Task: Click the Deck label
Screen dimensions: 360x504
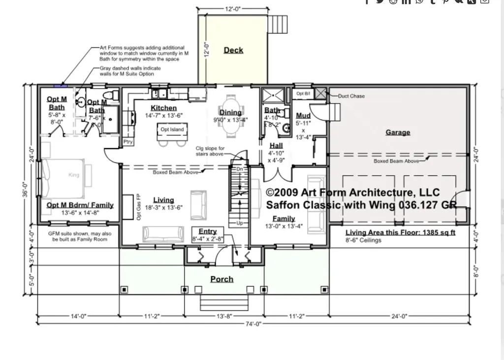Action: tap(233, 50)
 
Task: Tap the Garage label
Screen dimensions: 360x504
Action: tap(398, 132)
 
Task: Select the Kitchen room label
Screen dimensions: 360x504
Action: tap(163, 108)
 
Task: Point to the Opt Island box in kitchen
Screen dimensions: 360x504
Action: tap(172, 130)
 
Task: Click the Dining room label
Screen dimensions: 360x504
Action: tap(230, 113)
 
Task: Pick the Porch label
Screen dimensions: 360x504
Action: tap(222, 279)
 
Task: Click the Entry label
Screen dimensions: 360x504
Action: tap(208, 231)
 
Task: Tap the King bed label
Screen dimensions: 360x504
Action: tap(73, 175)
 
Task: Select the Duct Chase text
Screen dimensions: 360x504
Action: tap(351, 96)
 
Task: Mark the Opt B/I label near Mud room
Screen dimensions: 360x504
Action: tap(303, 93)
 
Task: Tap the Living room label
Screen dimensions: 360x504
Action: tap(163, 200)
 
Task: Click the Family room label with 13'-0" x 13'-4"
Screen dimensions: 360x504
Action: tap(284, 219)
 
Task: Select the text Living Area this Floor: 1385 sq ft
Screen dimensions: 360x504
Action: tap(400, 232)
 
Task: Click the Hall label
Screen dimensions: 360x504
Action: tap(276, 146)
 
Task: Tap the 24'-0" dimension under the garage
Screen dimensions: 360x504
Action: tap(399, 316)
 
